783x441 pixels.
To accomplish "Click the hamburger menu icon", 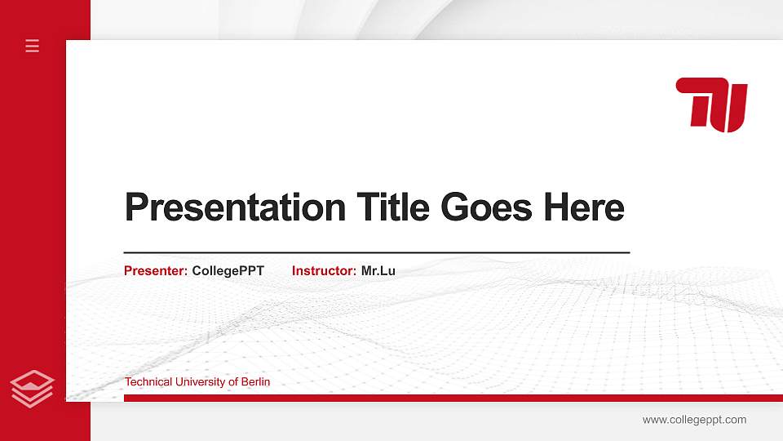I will (x=32, y=46).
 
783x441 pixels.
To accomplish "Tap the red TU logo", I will (x=711, y=105).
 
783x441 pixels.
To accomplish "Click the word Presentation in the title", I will (x=235, y=208).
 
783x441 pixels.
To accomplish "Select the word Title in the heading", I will (x=393, y=207).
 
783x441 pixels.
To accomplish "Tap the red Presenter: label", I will (x=156, y=270).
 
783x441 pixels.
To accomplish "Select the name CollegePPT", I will (x=228, y=270).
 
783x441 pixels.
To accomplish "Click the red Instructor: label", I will (x=324, y=270).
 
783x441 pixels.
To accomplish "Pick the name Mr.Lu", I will (x=378, y=270).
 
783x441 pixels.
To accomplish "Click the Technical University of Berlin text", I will (x=197, y=382).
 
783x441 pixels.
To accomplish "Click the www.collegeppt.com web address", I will (x=694, y=420).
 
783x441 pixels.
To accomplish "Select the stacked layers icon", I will (x=32, y=388).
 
